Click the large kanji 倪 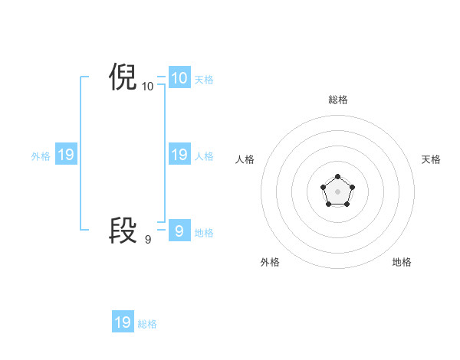tap(123, 78)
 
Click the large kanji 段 tap(123, 230)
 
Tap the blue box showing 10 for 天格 tap(179, 78)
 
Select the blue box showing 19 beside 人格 tap(179, 155)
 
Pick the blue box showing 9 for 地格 tap(179, 231)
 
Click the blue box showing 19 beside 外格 tap(65, 155)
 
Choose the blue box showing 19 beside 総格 tap(123, 322)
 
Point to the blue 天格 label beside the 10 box tap(204, 80)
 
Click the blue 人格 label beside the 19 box tap(204, 156)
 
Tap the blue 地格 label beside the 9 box tap(204, 232)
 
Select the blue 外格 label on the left tap(41, 156)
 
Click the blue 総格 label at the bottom tap(147, 324)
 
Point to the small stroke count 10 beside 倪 tap(148, 87)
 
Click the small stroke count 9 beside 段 tap(148, 240)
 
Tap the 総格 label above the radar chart tap(338, 100)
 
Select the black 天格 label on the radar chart tap(431, 159)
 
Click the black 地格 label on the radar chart tap(402, 262)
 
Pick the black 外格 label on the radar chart tap(270, 262)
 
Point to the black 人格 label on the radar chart tap(245, 159)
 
